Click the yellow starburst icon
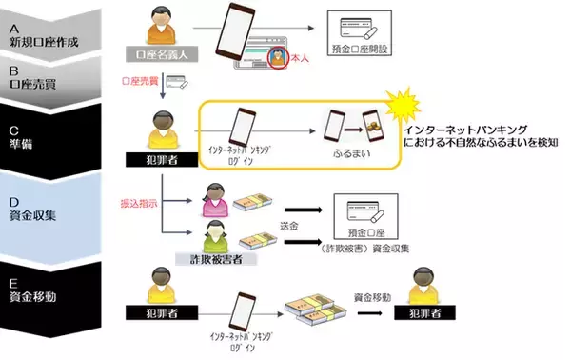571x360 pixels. click(400, 108)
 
